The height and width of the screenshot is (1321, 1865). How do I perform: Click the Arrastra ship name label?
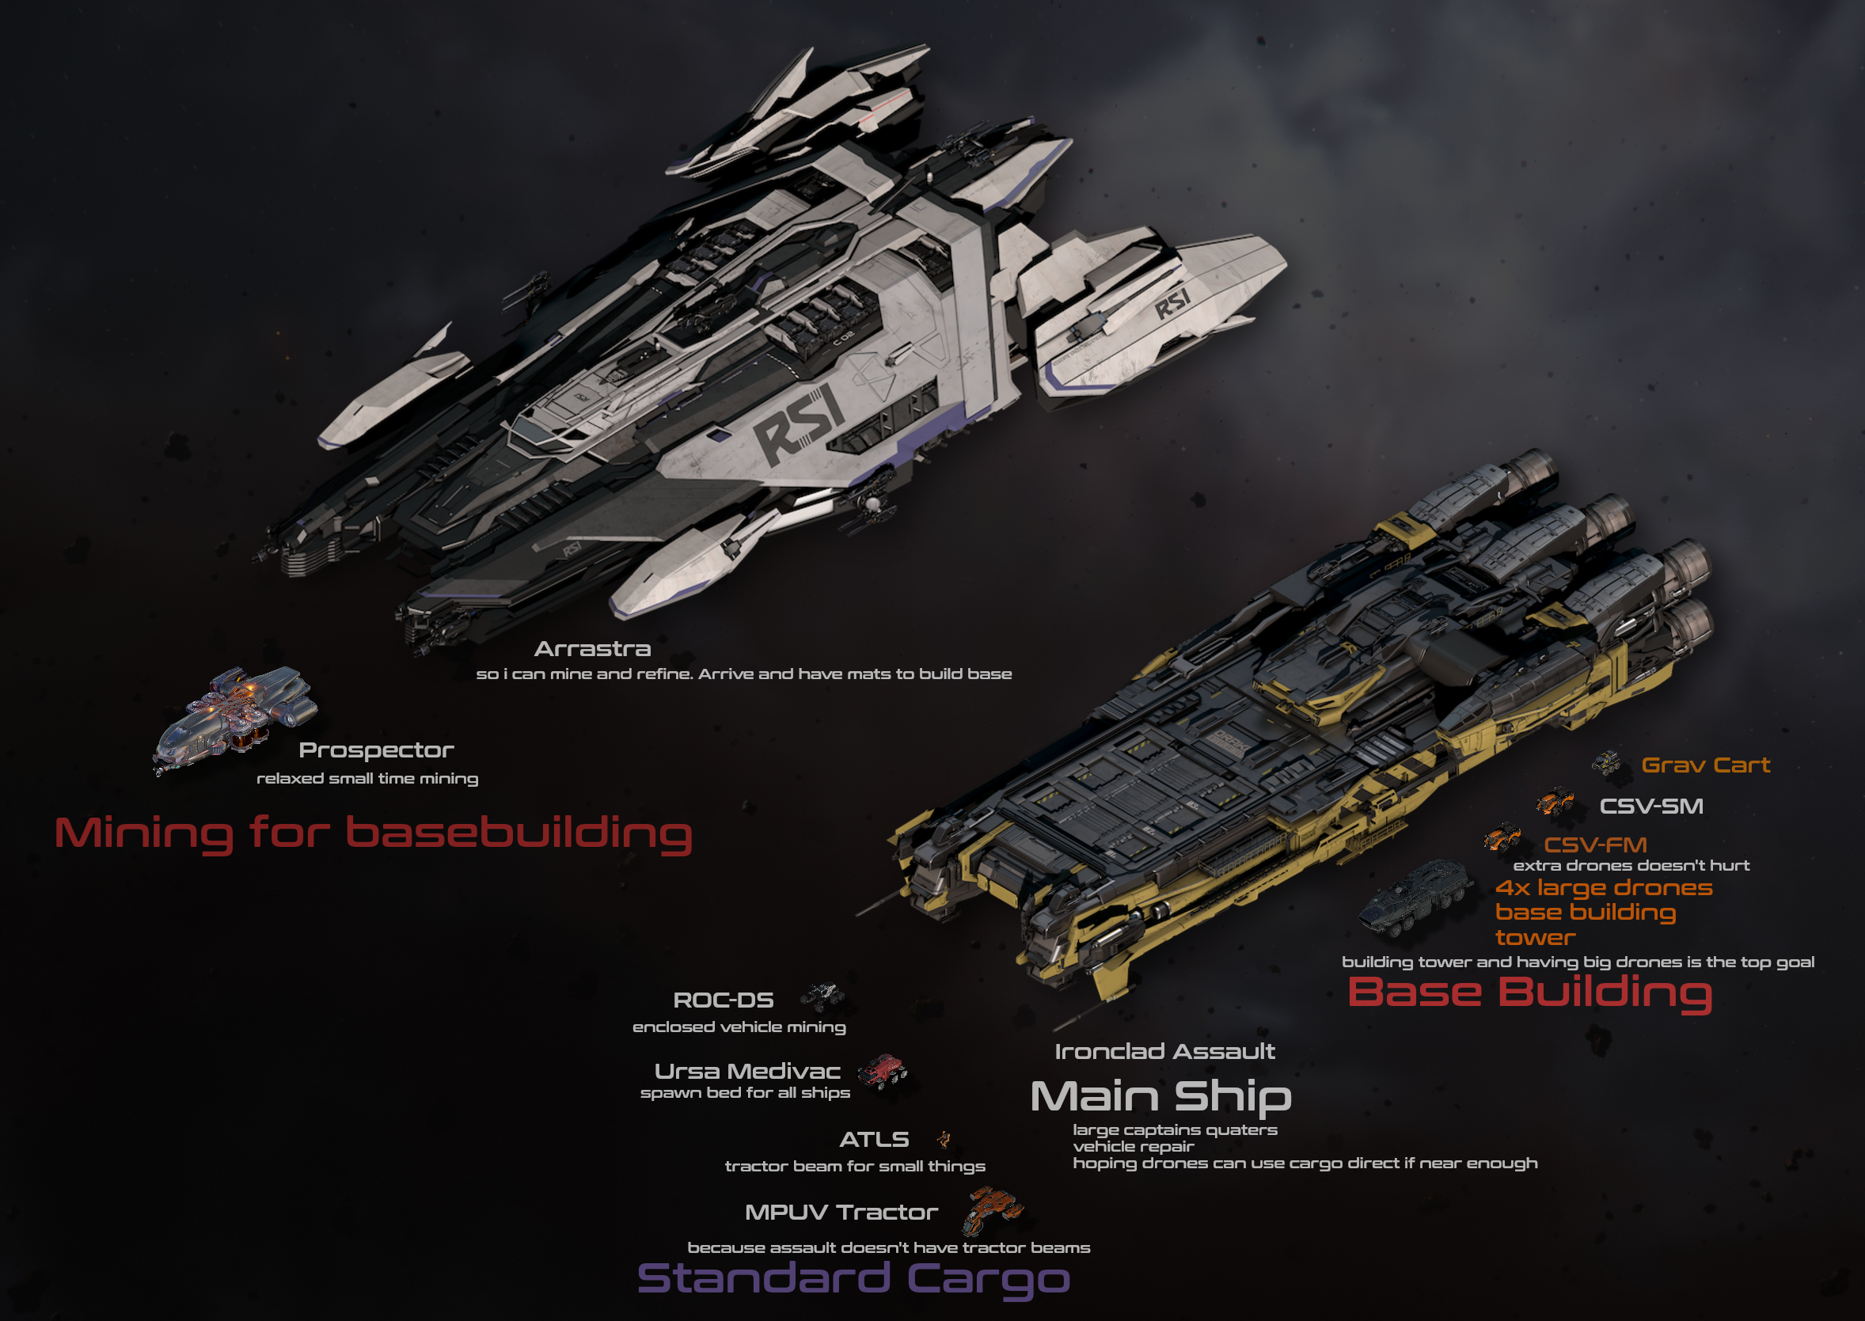coord(592,649)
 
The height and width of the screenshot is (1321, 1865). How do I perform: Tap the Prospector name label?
coord(376,750)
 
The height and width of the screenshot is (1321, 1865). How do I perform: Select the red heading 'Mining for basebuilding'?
coord(374,833)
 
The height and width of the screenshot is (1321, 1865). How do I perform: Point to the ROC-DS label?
coord(723,1000)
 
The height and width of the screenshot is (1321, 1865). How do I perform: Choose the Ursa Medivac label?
coord(746,1070)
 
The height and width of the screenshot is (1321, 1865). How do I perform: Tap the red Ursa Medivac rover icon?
coord(883,1071)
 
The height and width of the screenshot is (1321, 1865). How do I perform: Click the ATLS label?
coord(874,1139)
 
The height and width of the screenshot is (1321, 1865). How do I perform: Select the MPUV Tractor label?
coord(841,1212)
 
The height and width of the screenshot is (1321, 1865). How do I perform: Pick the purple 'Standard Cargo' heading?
coord(853,1278)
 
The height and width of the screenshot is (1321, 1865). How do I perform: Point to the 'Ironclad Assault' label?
coord(1164,1051)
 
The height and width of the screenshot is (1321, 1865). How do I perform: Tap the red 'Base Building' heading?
coord(1529,993)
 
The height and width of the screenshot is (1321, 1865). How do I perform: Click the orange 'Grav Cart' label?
coord(1706,765)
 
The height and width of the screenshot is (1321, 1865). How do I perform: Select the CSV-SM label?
coord(1651,806)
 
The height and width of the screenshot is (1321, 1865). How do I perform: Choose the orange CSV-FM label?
coord(1595,845)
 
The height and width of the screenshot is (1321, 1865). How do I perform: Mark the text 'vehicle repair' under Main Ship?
coord(1133,1146)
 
